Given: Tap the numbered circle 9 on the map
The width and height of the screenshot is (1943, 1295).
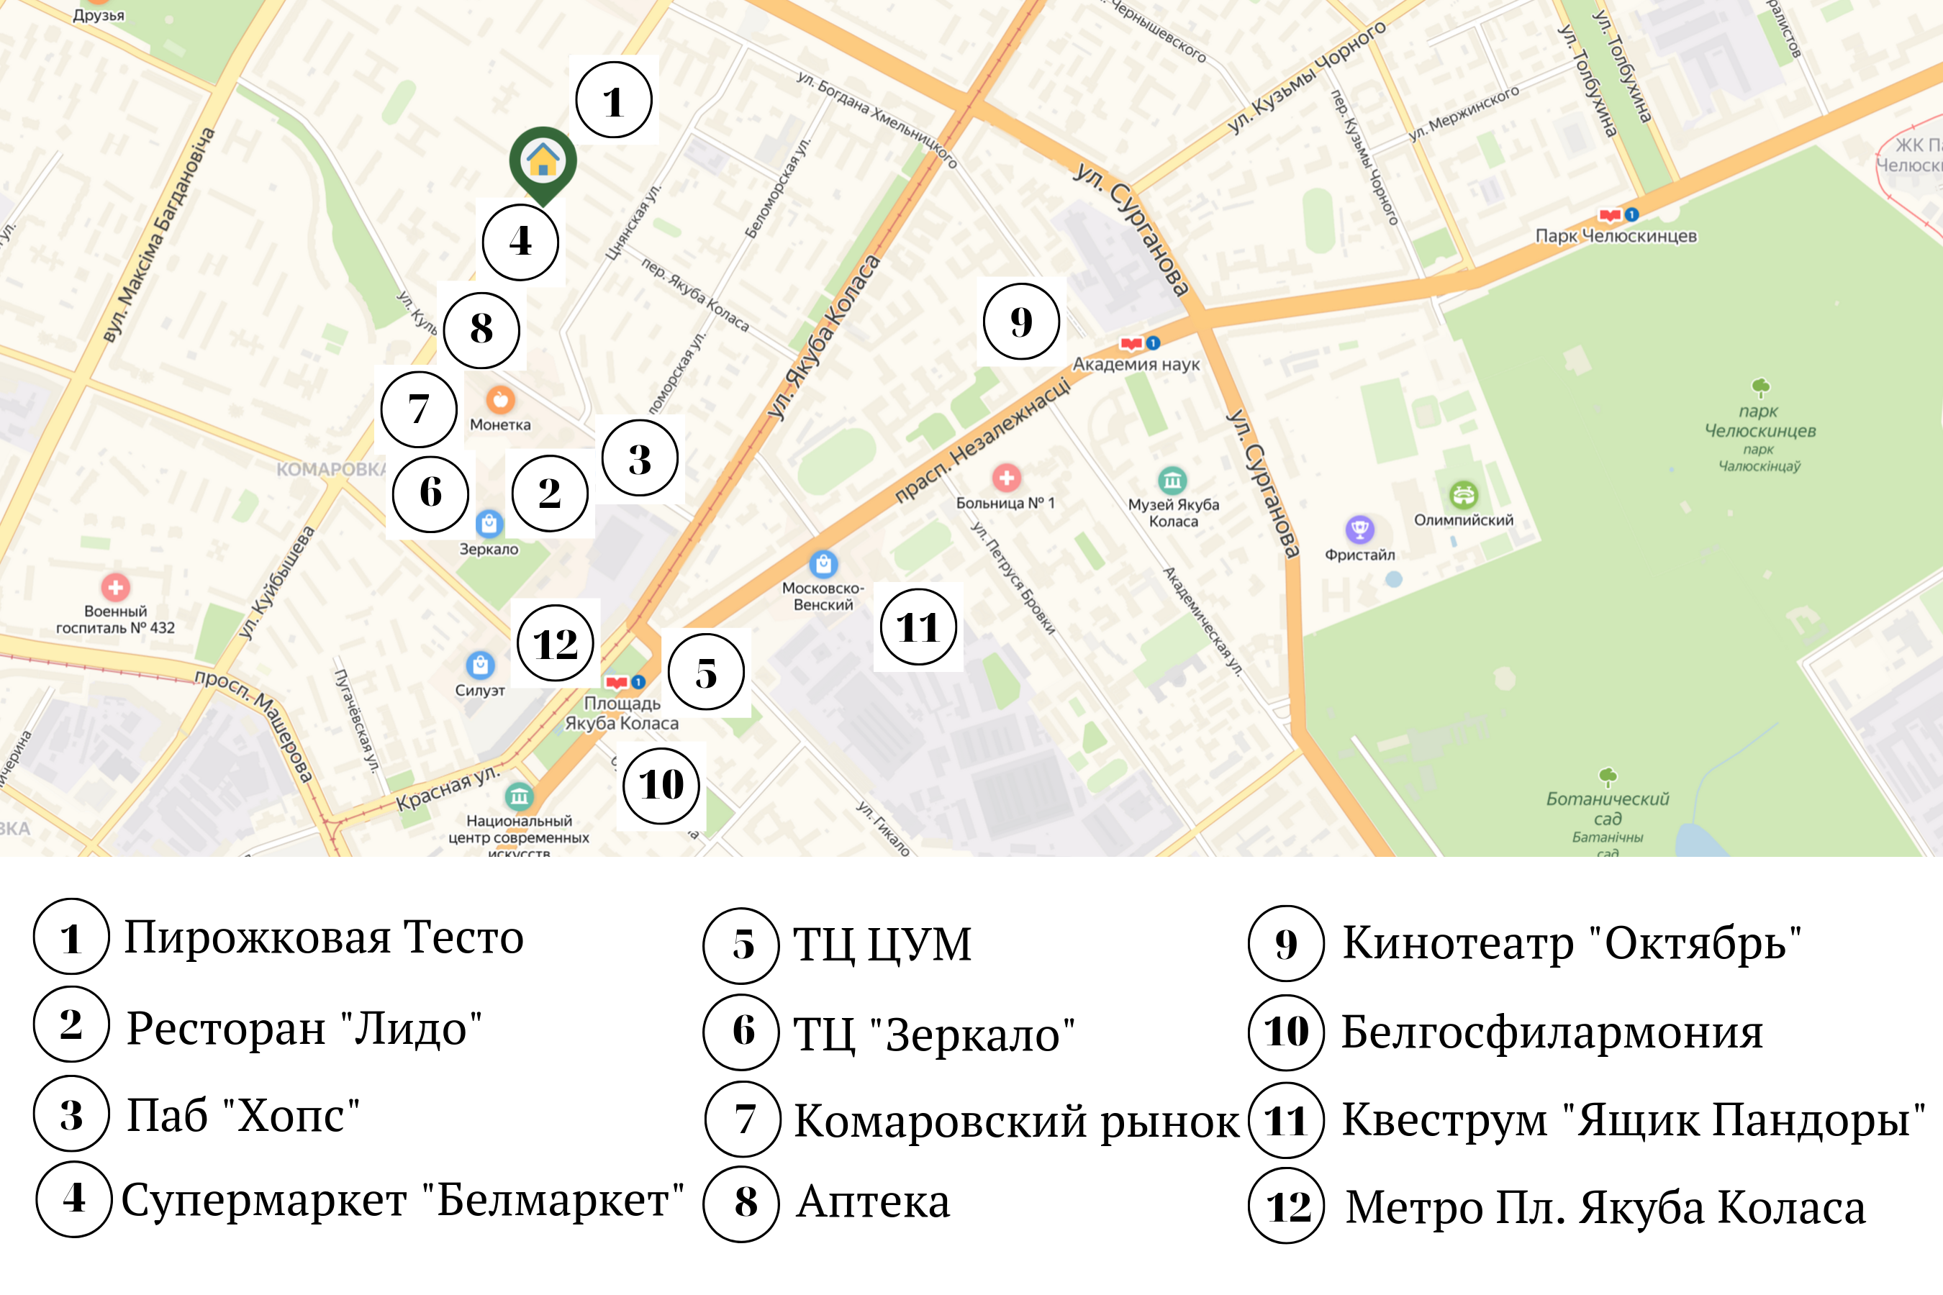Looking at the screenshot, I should pos(1021,322).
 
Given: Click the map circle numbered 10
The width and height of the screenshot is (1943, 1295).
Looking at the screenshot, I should pos(661,785).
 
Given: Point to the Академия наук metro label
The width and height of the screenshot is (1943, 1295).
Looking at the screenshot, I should pos(1136,363).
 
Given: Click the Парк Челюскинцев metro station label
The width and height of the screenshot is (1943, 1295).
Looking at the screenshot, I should pos(1615,235).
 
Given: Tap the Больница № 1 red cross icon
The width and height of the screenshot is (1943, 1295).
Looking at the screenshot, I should pos(1006,478).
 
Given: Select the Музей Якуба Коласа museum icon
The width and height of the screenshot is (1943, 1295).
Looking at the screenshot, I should pos(1172,479).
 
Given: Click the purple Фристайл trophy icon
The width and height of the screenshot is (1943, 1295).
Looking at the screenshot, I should pos(1359,529).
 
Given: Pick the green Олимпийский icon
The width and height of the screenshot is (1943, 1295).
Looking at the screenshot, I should pos(1463,495).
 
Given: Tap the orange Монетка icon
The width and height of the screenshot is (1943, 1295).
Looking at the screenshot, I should pos(500,400).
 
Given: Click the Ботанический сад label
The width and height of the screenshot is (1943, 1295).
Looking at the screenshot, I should pos(1607,809).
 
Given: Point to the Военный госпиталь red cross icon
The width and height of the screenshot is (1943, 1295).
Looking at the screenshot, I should pos(116,587).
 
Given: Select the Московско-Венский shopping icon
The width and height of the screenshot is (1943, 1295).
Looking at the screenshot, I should pos(823,564).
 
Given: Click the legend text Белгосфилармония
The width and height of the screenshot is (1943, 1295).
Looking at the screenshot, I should pos(1552,1032).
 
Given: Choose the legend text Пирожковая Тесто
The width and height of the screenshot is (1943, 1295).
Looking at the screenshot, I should pos(324,937).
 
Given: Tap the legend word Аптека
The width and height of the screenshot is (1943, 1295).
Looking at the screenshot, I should pos(872,1201).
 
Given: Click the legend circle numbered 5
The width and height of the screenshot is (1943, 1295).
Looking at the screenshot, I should pos(741,945).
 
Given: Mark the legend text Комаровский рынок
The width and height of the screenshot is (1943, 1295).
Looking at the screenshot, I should pos(1016,1121).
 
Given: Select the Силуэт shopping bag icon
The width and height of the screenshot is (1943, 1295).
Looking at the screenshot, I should pos(480,664).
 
